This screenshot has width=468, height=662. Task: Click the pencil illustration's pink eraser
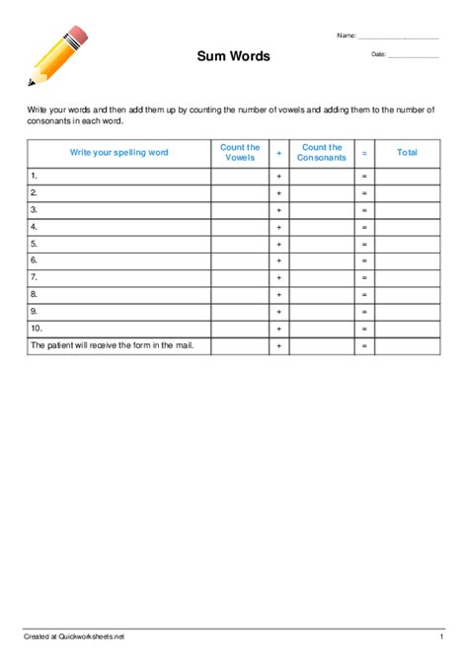click(x=78, y=37)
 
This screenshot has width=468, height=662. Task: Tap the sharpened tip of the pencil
click(x=32, y=82)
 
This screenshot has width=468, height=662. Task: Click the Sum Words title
click(x=233, y=56)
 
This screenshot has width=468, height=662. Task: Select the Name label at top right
click(x=346, y=36)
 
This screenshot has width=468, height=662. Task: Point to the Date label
click(x=378, y=54)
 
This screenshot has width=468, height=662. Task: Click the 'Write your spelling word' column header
click(x=118, y=153)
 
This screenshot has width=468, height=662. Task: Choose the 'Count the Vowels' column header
click(x=240, y=153)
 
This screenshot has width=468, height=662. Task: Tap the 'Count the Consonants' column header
click(x=322, y=153)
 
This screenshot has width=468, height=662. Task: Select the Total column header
click(x=407, y=153)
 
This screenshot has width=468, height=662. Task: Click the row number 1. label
click(x=35, y=176)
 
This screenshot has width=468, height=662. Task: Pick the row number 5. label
click(x=35, y=243)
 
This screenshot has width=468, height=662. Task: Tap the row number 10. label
click(x=37, y=328)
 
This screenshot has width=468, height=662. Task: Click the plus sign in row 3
click(x=279, y=210)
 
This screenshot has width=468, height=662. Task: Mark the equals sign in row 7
click(x=364, y=277)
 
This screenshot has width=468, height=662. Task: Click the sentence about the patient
click(x=117, y=345)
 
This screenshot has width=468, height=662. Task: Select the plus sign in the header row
click(x=279, y=153)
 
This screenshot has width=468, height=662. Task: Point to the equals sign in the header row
click(x=364, y=153)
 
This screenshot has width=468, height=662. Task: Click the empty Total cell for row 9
click(x=407, y=311)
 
